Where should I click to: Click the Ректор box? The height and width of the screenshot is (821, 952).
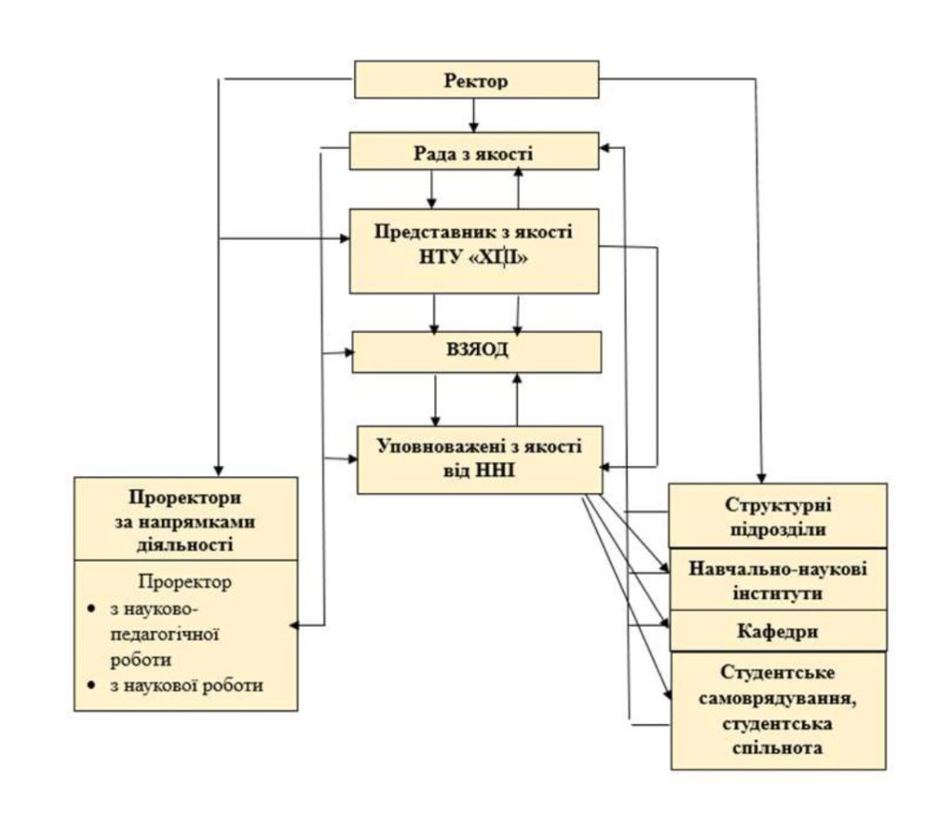coord(477,80)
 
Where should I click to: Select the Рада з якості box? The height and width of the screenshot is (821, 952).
coord(473,151)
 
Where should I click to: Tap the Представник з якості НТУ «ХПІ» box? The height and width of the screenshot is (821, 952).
coord(473,249)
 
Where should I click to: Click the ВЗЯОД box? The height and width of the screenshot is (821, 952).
coord(476,352)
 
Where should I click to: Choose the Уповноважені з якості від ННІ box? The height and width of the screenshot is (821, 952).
coord(480,458)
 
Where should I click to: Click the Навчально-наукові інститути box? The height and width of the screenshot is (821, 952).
coord(777,580)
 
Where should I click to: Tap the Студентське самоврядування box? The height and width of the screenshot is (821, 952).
coord(777,710)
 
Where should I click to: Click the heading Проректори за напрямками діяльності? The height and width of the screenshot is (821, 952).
coord(186,519)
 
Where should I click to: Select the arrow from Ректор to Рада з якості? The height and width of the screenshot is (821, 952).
coord(473,115)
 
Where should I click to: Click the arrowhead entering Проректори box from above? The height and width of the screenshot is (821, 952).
coord(217,470)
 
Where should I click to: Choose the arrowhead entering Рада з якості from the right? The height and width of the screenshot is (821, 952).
coord(607,148)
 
